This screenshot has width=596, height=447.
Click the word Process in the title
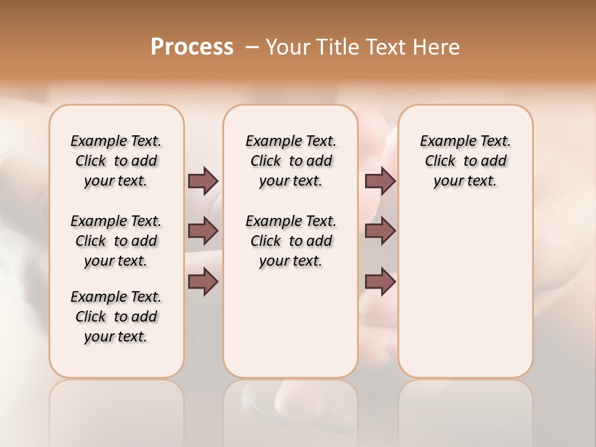coord(192,47)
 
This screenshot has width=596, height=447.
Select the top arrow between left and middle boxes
coord(203,181)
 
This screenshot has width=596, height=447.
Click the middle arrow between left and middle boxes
coord(203,231)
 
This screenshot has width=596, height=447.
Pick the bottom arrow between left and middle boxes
coord(203,281)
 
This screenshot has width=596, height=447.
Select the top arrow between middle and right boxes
coord(380,181)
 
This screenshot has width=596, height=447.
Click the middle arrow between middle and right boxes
coord(380,231)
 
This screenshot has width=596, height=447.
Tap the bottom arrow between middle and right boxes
coord(380,281)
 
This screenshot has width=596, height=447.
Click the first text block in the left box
coord(116,161)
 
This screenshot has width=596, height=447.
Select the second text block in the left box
coord(116,241)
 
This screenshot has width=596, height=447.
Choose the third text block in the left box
coord(116,317)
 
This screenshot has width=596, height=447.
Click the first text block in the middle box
coord(291,161)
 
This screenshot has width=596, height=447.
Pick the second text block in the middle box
coord(291,241)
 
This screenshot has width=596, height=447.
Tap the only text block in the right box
coord(465,161)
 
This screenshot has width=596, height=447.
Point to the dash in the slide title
coord(251,48)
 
